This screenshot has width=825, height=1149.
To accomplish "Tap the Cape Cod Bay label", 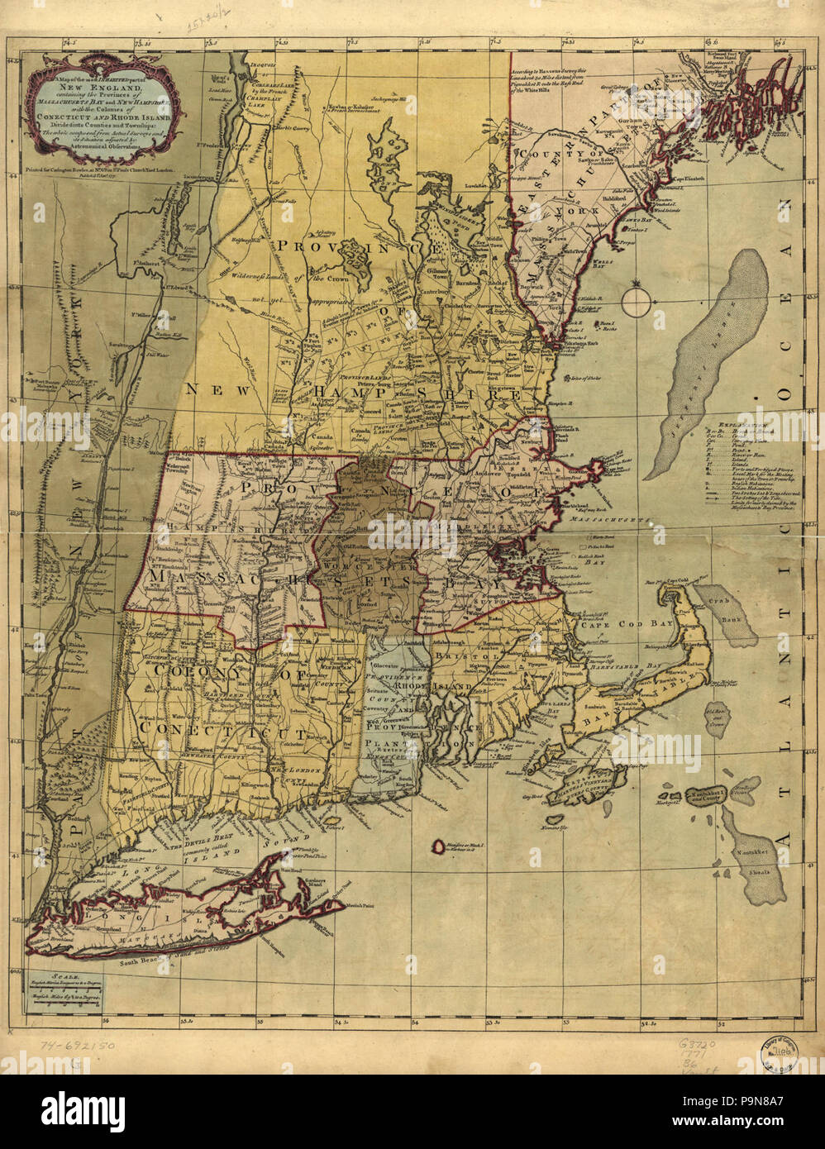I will tap(612, 627).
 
